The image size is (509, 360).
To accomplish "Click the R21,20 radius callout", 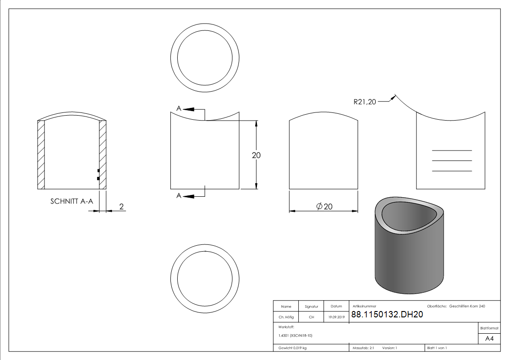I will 365,102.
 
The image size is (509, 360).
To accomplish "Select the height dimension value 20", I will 256,155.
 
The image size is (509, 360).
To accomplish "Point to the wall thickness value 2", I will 121,207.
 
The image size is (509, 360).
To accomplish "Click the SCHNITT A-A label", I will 71,202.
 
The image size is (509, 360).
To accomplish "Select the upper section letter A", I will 179,108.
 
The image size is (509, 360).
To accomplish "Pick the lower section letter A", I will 179,195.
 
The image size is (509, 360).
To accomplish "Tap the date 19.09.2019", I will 336,317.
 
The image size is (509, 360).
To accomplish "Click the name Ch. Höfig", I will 286,317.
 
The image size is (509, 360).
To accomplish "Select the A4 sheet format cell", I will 489,338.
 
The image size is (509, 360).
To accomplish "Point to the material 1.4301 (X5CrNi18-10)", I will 296,336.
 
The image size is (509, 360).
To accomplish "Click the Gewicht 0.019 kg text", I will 292,348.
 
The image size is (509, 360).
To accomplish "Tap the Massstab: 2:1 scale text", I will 363,348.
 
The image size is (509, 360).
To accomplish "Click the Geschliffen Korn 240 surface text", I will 467,306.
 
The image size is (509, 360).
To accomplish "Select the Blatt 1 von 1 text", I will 437,348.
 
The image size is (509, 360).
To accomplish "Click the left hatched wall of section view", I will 41,155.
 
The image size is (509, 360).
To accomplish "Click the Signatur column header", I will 311,306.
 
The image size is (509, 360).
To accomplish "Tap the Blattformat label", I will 489,328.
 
